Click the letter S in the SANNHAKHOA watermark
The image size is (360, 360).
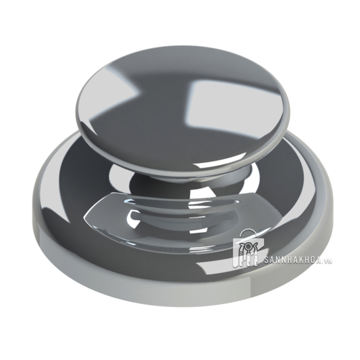click(266, 261)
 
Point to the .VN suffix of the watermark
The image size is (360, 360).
click(328, 261)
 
